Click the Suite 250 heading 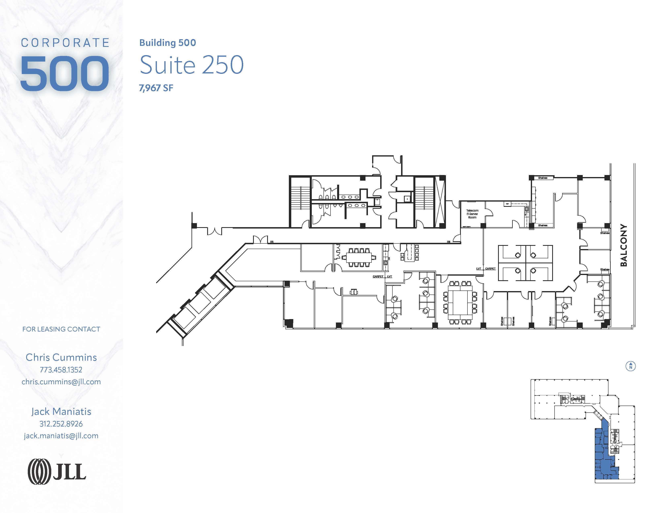pyautogui.click(x=191, y=65)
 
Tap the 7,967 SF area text pyautogui.click(x=156, y=88)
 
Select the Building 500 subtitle pyautogui.click(x=167, y=43)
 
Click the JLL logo pyautogui.click(x=57, y=472)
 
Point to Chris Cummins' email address pyautogui.click(x=61, y=382)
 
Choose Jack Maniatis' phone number pyautogui.click(x=61, y=424)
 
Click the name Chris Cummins pyautogui.click(x=61, y=357)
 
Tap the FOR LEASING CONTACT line pyautogui.click(x=61, y=329)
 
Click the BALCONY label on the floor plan pyautogui.click(x=624, y=245)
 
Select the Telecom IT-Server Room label pyautogui.click(x=472, y=214)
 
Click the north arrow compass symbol pyautogui.click(x=631, y=366)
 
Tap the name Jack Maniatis pyautogui.click(x=61, y=411)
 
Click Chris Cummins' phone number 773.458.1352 pyautogui.click(x=61, y=370)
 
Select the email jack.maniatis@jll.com pyautogui.click(x=61, y=436)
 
